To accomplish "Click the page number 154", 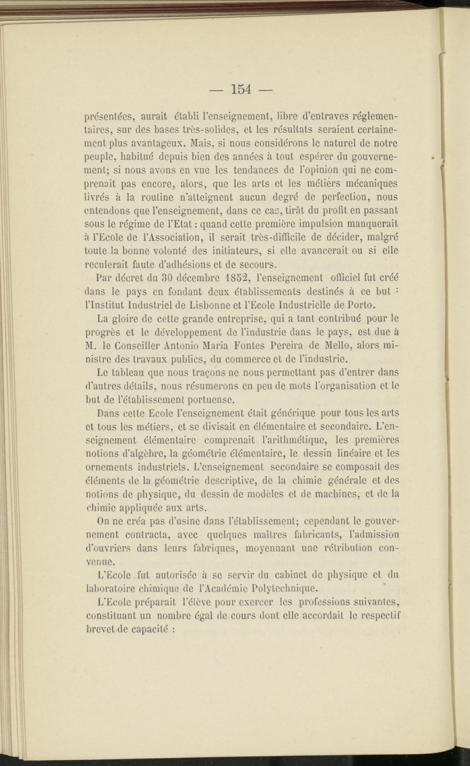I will coord(241,90).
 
